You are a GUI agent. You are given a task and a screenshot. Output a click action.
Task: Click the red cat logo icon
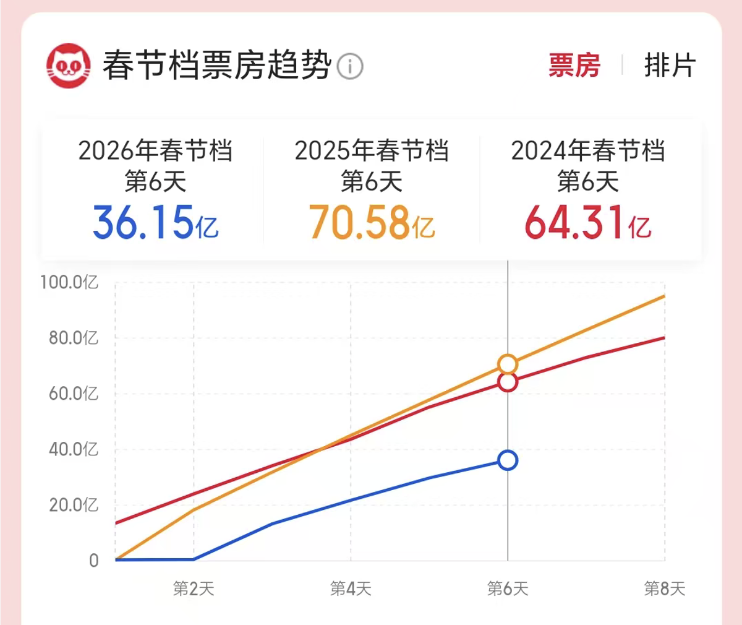tap(68, 66)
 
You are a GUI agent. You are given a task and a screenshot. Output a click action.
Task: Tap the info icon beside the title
tap(350, 66)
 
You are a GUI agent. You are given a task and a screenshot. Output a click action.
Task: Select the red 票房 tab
tap(574, 66)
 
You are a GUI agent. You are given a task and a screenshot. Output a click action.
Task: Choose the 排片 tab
tap(670, 66)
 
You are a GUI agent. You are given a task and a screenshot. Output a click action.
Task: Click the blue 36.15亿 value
tap(155, 223)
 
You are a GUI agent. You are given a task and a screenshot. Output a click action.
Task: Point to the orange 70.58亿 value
tap(372, 223)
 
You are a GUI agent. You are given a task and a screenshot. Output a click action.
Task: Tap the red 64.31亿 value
tap(588, 223)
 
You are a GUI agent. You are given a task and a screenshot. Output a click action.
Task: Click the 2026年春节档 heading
tap(155, 151)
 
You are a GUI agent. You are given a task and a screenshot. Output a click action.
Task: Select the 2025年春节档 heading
tap(372, 151)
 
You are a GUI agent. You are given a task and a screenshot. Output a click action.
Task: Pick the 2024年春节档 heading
tap(588, 151)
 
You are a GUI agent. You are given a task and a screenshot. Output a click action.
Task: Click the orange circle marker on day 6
tap(508, 364)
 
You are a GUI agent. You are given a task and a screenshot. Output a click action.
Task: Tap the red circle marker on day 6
tap(508, 382)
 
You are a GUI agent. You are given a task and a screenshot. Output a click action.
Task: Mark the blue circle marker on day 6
tap(508, 460)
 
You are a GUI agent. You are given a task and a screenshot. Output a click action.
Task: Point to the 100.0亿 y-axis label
tap(69, 283)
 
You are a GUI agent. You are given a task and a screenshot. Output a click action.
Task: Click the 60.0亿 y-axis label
tap(74, 394)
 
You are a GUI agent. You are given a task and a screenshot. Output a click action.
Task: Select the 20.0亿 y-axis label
tap(74, 505)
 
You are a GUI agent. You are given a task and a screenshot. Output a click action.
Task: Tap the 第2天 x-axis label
tap(194, 588)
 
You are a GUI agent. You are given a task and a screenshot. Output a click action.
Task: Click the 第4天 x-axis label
tap(351, 588)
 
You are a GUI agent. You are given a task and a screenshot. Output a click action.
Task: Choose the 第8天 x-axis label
tap(665, 588)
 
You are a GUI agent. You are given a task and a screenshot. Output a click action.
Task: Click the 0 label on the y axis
tap(93, 561)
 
